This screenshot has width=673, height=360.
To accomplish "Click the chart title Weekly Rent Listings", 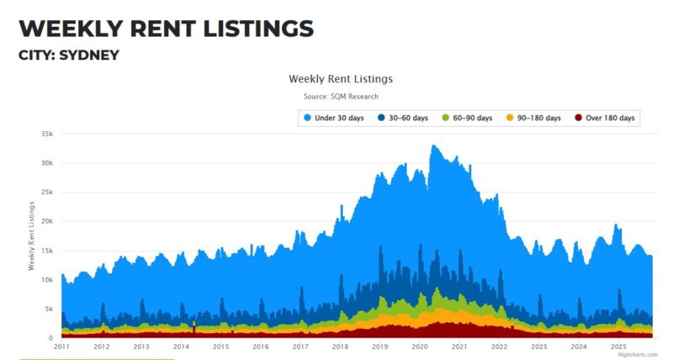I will tap(341, 78).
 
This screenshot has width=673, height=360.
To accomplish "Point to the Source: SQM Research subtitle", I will tap(341, 97).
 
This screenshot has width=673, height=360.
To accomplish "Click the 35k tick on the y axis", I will tap(46, 134).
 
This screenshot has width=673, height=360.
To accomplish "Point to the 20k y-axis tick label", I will tap(46, 221).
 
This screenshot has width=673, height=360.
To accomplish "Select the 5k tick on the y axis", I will tap(49, 309).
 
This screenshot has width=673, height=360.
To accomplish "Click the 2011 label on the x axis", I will tap(61, 347).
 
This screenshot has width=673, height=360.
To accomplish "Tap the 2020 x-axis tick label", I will tap(420, 347).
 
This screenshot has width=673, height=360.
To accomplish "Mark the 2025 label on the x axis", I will tap(618, 347).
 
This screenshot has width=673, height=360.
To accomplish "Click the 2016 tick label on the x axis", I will tap(261, 347).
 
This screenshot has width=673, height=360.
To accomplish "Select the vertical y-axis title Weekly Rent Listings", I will tap(31, 236).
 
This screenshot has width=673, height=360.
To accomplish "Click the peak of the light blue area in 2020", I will tap(433, 146).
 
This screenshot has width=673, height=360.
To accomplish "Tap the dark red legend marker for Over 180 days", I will tap(578, 118).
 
